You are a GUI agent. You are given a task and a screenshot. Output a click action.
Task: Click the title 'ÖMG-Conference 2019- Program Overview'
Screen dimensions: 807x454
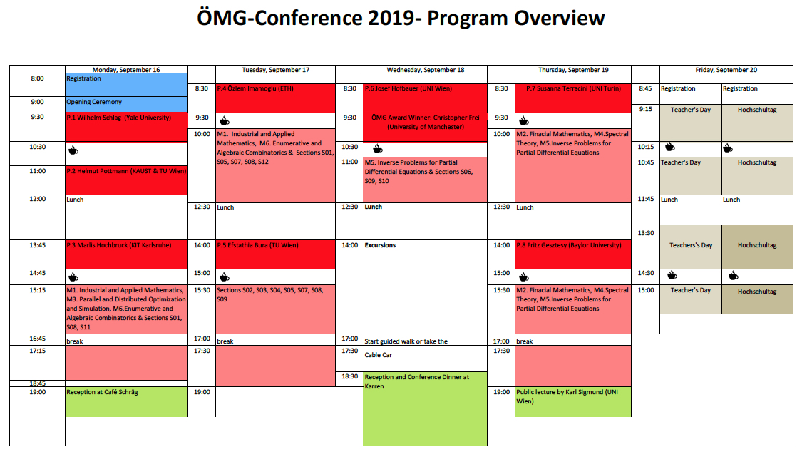(x=401, y=18)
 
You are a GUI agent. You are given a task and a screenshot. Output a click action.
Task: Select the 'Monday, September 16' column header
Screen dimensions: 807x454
(x=126, y=70)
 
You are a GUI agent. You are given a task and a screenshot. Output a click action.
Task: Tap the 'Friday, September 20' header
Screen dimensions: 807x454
(x=726, y=70)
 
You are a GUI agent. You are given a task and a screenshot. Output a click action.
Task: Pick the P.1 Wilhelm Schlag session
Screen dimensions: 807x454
(x=127, y=127)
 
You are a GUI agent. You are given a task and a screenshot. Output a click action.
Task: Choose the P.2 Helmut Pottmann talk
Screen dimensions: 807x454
(x=127, y=180)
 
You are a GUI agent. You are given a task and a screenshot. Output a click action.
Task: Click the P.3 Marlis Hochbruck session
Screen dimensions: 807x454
(x=127, y=254)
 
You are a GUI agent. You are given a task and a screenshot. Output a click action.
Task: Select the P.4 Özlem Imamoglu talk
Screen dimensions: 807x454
(x=275, y=98)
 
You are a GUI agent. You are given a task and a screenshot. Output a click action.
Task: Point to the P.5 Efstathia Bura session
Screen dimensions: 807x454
(x=275, y=254)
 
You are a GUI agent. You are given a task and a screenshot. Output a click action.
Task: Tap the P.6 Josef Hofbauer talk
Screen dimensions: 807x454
(x=425, y=98)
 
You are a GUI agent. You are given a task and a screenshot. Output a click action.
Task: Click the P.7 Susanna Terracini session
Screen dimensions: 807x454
(x=573, y=98)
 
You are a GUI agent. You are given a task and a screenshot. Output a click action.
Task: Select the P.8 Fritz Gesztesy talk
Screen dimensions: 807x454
(x=573, y=254)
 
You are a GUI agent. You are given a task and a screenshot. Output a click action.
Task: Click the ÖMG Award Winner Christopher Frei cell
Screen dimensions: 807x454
(x=425, y=127)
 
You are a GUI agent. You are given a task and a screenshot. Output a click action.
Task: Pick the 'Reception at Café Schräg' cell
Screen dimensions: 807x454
(x=127, y=401)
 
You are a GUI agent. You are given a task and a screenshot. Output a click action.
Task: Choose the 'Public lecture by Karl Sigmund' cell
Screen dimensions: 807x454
(x=573, y=401)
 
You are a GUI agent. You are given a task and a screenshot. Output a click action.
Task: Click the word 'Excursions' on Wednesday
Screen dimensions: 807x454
(x=381, y=245)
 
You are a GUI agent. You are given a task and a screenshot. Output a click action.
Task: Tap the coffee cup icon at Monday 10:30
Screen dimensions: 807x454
(x=73, y=150)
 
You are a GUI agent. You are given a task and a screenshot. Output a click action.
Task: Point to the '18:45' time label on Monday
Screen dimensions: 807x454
(x=38, y=383)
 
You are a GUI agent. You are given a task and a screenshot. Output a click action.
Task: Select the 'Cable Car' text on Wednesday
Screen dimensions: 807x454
(x=379, y=355)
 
